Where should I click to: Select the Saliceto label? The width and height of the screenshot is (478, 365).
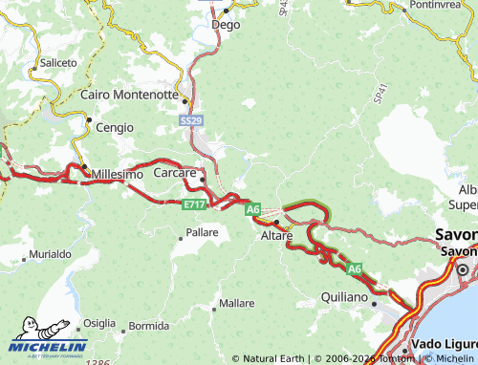click(x=58, y=63)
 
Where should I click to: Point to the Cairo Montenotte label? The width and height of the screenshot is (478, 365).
click(x=129, y=95)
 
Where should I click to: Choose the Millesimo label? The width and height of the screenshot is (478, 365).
click(x=118, y=175)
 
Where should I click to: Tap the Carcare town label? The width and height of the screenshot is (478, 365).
click(x=175, y=173)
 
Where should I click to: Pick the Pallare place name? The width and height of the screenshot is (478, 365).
click(x=202, y=232)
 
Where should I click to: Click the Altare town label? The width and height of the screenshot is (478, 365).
click(x=277, y=234)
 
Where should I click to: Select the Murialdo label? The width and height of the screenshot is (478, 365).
click(x=50, y=255)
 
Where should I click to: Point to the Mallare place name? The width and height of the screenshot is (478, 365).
click(x=236, y=303)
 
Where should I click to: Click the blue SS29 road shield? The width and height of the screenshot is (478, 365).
click(x=190, y=121)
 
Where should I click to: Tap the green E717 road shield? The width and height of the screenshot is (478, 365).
click(x=194, y=204)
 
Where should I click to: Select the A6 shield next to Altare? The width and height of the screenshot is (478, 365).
click(x=252, y=208)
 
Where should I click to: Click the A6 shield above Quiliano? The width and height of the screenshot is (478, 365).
click(x=355, y=269)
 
